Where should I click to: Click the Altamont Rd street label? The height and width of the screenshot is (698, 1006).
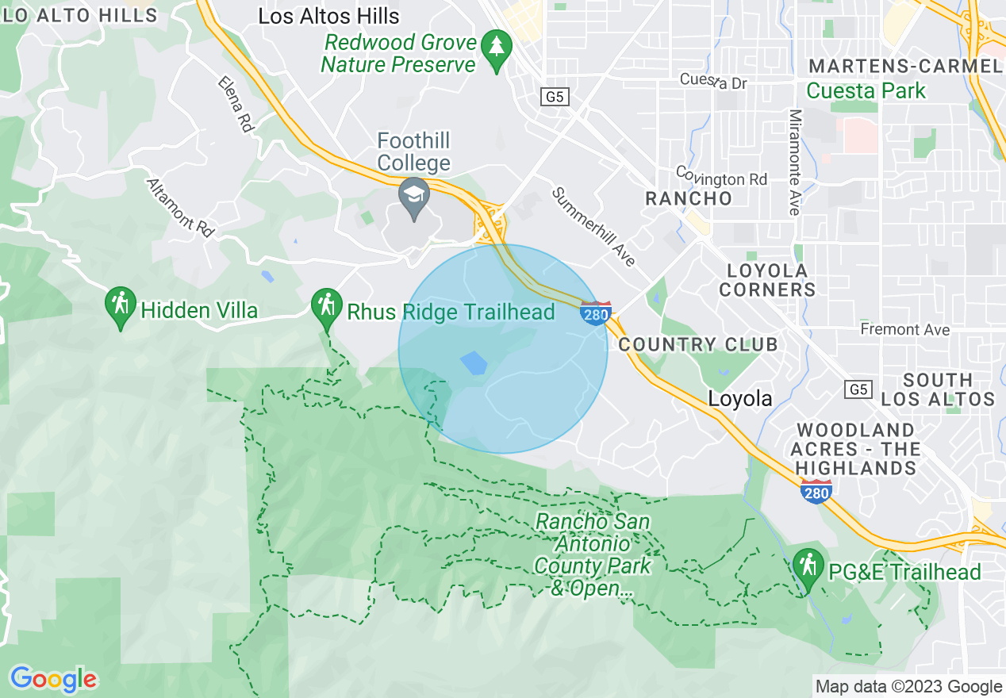point(181,207)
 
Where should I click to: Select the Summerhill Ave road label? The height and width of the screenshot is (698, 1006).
point(594,227)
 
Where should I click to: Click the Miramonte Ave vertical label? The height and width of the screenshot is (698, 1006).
point(794,162)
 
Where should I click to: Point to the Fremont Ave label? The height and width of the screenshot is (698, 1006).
point(904,329)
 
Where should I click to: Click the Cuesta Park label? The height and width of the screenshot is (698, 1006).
point(866,90)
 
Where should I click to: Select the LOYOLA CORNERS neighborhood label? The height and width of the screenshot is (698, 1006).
point(767,280)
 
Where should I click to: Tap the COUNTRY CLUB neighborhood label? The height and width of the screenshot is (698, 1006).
point(697,344)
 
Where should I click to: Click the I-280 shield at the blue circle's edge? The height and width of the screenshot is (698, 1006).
point(596,313)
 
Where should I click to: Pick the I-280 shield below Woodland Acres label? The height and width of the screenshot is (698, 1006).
point(816,491)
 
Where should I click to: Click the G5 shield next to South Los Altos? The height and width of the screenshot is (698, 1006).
point(858,389)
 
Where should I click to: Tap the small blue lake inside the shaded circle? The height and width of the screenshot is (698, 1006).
point(474,363)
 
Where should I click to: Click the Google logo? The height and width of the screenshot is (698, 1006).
point(53,679)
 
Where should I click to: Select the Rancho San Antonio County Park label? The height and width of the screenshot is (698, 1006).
point(593,555)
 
